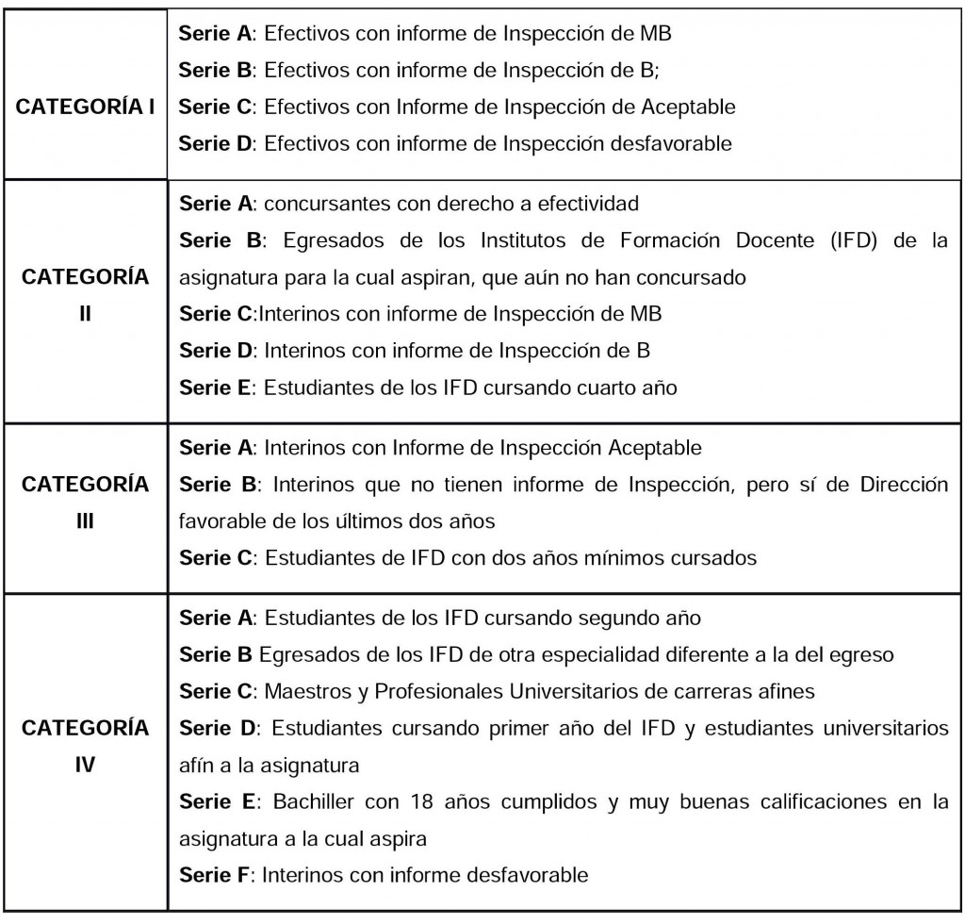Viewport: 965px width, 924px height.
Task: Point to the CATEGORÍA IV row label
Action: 86,745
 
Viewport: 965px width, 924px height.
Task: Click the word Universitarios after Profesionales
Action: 581,691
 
